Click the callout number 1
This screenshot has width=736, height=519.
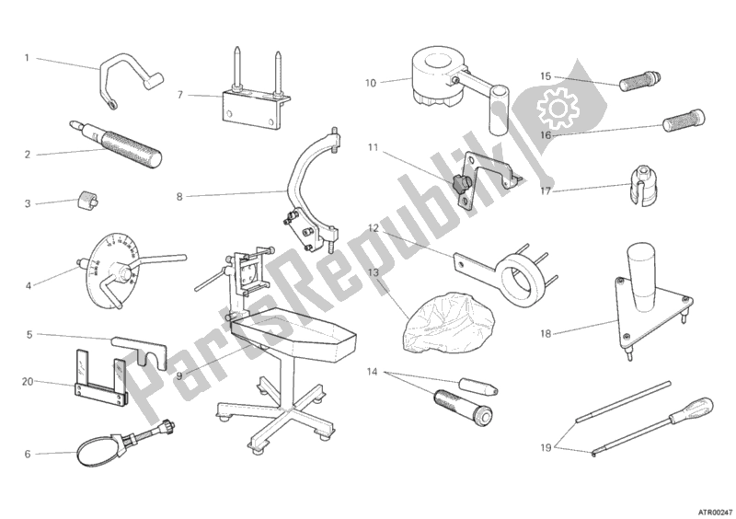click(x=27, y=58)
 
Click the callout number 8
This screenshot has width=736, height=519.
click(x=180, y=195)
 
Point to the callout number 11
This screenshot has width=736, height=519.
click(x=373, y=147)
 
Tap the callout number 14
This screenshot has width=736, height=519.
click(x=373, y=371)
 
